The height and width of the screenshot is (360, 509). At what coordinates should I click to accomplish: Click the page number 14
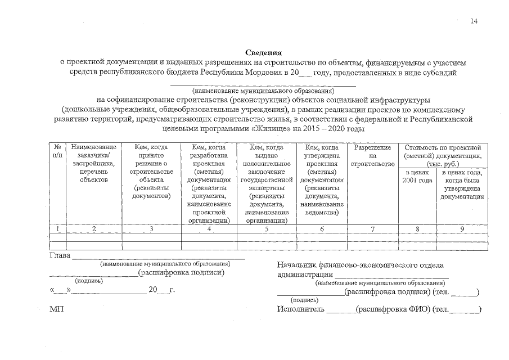[x=474, y=21]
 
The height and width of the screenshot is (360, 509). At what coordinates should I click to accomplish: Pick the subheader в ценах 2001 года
[x=417, y=176]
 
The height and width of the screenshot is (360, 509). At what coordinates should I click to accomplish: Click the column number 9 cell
[x=462, y=229]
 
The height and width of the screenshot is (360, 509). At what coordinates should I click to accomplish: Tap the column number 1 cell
[x=57, y=229]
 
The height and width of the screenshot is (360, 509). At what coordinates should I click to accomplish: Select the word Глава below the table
[x=60, y=256]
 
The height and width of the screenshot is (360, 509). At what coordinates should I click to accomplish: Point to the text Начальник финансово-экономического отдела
[x=361, y=265]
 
